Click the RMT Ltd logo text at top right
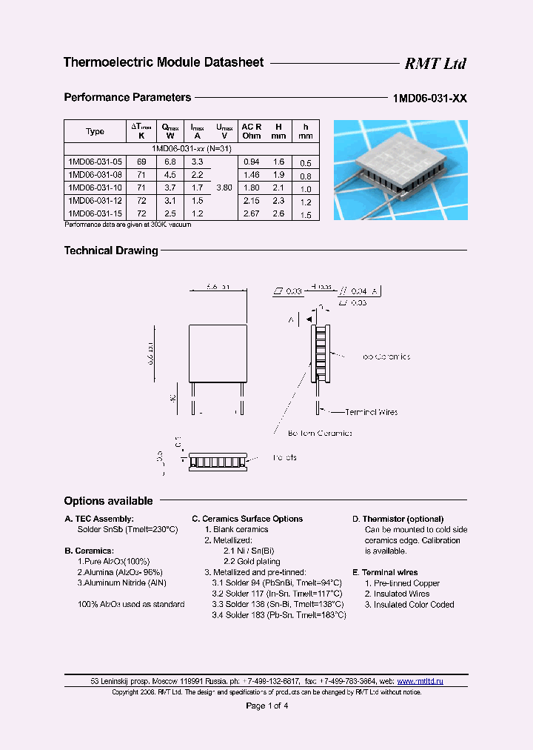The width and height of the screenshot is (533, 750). tap(435, 64)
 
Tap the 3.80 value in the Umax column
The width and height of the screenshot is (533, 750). tap(224, 187)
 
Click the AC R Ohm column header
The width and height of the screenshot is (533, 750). tap(252, 131)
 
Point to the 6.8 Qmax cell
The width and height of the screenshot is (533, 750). tap(170, 162)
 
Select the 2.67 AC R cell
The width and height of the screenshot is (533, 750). tap(252, 213)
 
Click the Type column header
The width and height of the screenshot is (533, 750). tap(95, 132)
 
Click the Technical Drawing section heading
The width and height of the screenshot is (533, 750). tap(111, 250)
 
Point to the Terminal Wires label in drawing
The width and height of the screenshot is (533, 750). tap(371, 411)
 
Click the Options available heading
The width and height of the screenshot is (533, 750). tap(108, 501)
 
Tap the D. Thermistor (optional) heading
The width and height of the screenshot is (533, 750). tap(398, 519)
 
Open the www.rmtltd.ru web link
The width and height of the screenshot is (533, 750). tap(420, 681)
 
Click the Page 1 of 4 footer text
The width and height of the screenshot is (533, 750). tap(266, 706)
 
